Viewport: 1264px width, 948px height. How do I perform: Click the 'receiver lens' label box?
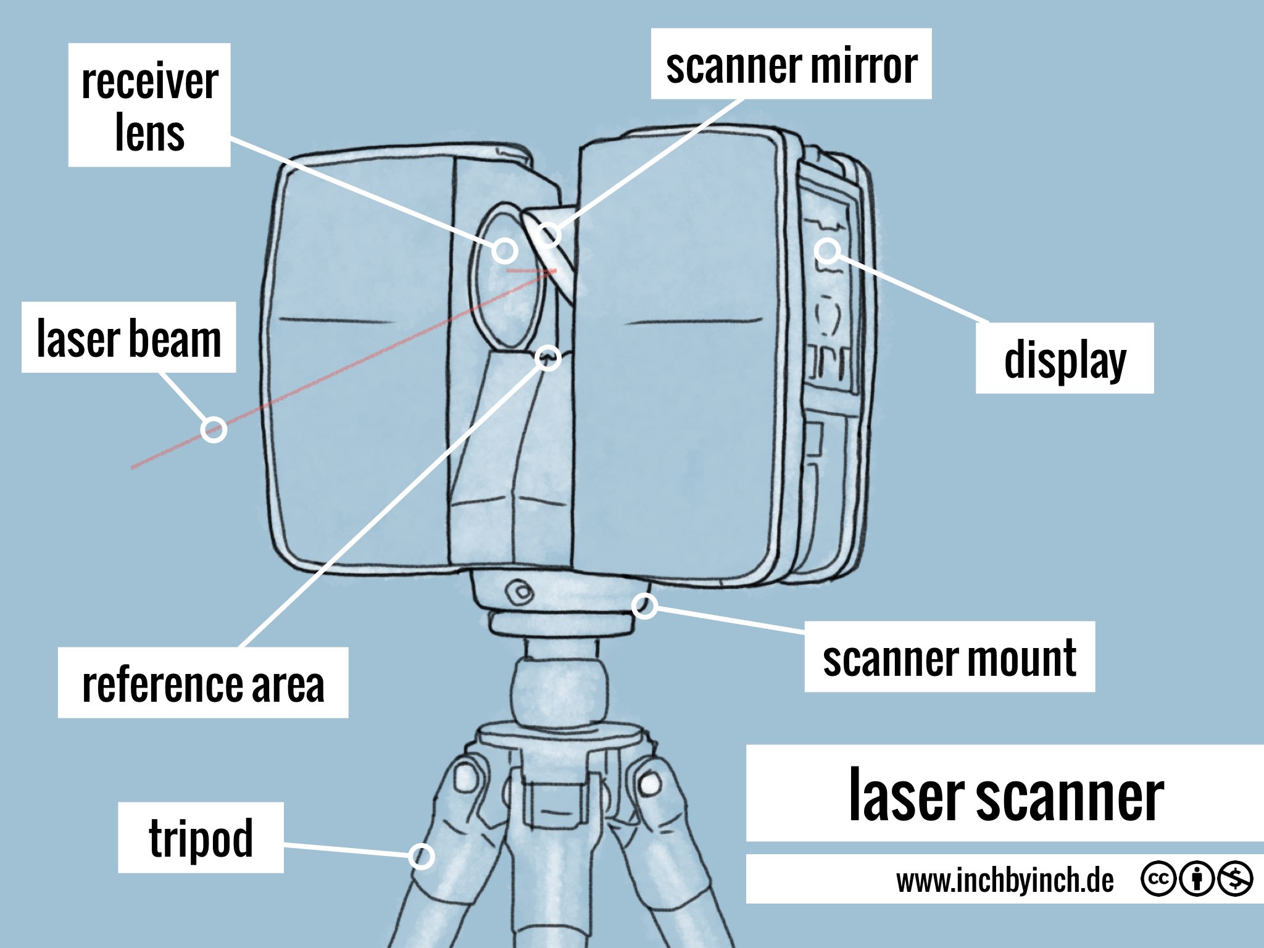149,105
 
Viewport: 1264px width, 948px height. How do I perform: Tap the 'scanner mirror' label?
791,64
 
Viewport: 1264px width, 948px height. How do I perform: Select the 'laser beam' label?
128,338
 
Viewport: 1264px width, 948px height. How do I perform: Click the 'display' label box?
1064,358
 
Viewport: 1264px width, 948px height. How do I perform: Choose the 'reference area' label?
202,683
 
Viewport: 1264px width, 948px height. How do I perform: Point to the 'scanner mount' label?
949,657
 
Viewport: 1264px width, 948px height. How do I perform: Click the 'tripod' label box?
201,838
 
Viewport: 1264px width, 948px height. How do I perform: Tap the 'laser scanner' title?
1005,794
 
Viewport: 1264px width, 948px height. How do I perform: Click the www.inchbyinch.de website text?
1005,879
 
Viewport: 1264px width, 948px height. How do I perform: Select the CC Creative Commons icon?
1158,878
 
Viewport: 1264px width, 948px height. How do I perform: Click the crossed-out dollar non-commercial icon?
1235,878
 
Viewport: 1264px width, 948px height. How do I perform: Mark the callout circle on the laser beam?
214,429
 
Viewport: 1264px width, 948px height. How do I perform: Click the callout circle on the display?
827,251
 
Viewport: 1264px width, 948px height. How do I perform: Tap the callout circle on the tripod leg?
422,856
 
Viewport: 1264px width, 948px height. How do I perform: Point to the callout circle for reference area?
547,358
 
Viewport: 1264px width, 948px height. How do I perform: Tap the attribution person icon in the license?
1197,878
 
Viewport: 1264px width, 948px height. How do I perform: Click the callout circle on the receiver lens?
505,250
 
